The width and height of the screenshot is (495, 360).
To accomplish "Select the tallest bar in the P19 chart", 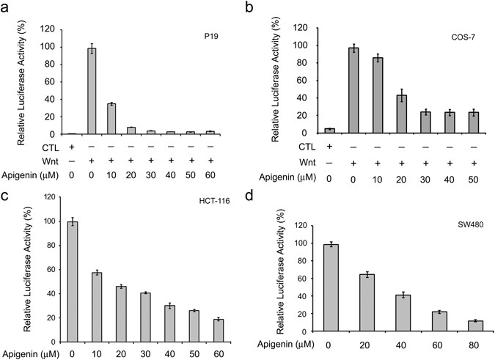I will (92, 92).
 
